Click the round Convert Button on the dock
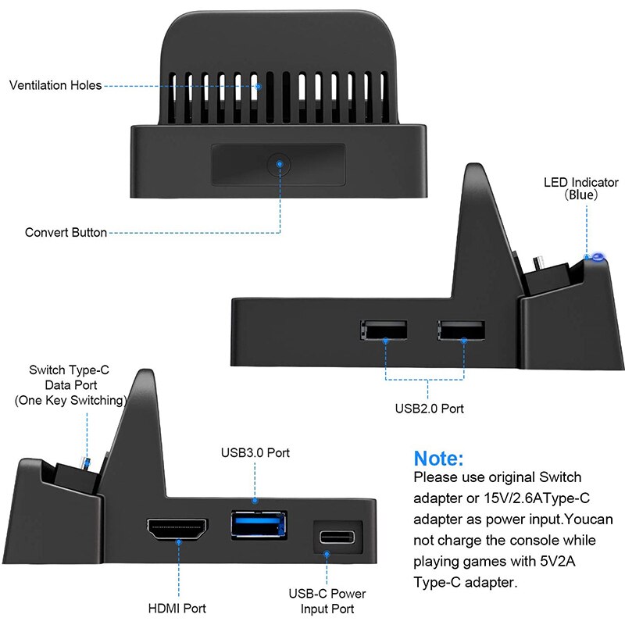278,165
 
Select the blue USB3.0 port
258,523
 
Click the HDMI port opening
179,531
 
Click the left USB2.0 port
384,330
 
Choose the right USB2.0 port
462,330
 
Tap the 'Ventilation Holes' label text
55,85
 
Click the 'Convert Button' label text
66,232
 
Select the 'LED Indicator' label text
581,183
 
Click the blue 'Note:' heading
438,459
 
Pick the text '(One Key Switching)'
70,400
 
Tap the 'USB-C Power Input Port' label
329,601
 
